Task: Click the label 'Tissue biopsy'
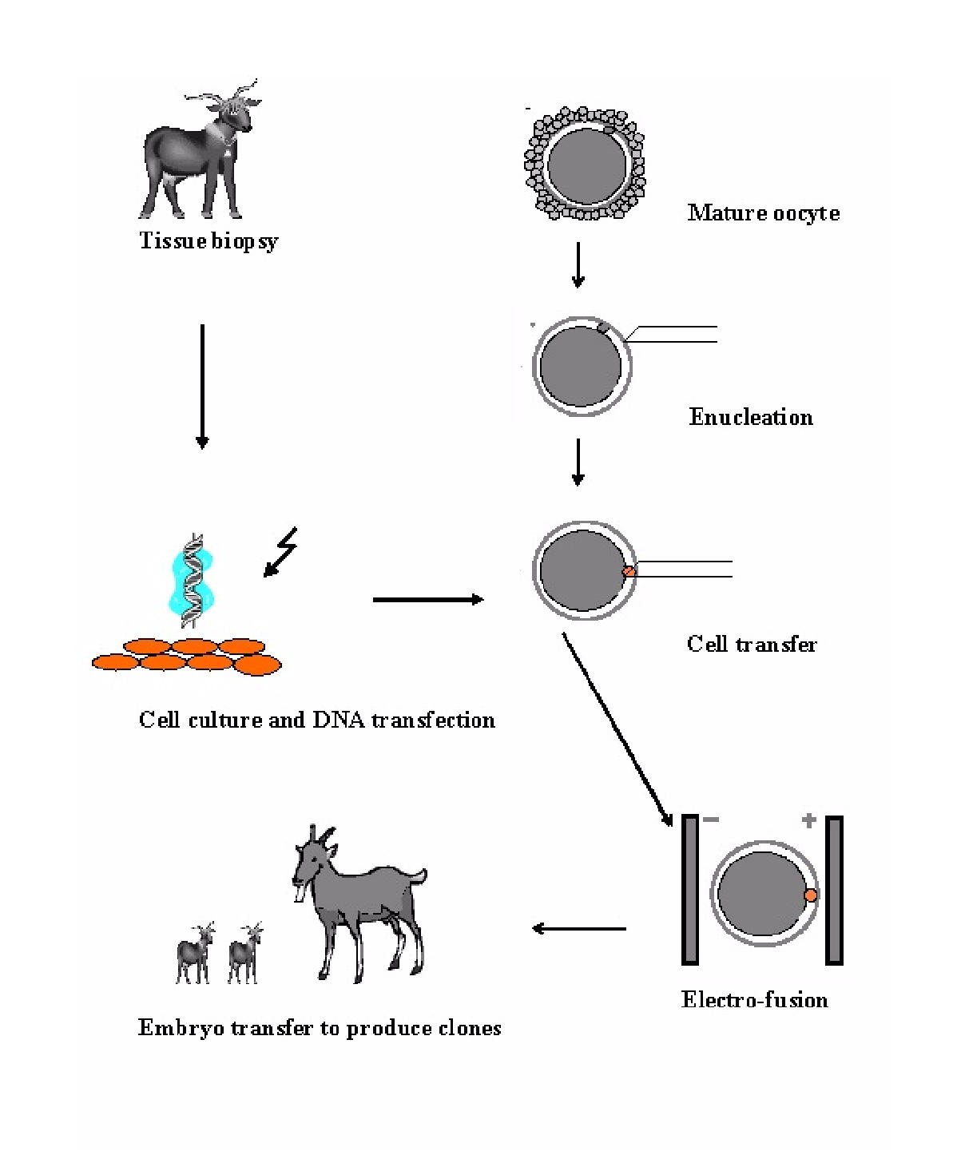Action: [208, 240]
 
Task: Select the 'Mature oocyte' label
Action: [763, 212]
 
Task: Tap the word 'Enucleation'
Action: [751, 417]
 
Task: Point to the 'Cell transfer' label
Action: [752, 644]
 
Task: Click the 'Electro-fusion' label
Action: [754, 999]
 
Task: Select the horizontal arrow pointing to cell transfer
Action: [428, 599]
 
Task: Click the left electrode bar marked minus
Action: [690, 890]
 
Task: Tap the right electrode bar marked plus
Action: [834, 890]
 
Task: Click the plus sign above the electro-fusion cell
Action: [808, 820]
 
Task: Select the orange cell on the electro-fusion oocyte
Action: [811, 895]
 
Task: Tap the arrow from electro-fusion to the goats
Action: [579, 928]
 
